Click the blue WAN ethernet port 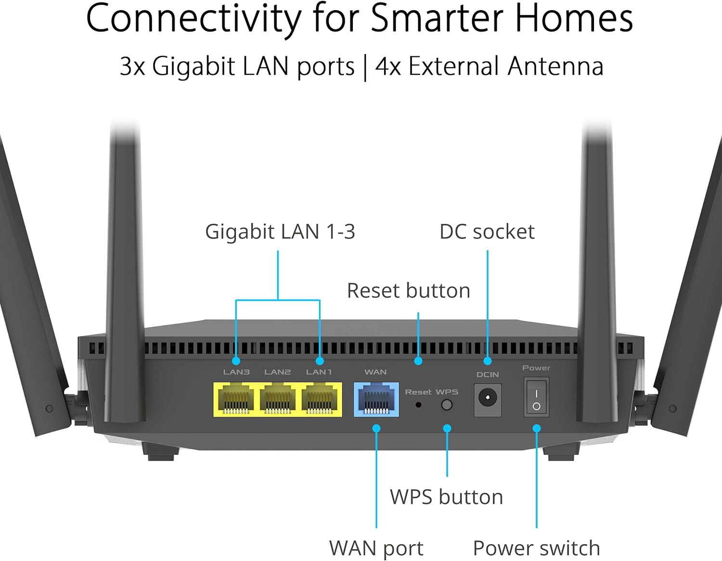[x=376, y=400]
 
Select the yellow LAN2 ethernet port [x=277, y=400]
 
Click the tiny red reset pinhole [x=419, y=405]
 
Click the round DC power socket [x=488, y=398]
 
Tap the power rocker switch [x=536, y=397]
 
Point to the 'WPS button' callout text [x=447, y=497]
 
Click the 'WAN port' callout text [x=376, y=548]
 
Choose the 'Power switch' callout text [x=536, y=548]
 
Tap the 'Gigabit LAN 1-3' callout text [x=280, y=232]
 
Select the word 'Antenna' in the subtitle [x=555, y=66]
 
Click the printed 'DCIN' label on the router [x=488, y=375]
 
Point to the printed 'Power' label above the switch [x=536, y=368]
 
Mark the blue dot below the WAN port [x=376, y=428]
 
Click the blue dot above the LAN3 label [x=236, y=361]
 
